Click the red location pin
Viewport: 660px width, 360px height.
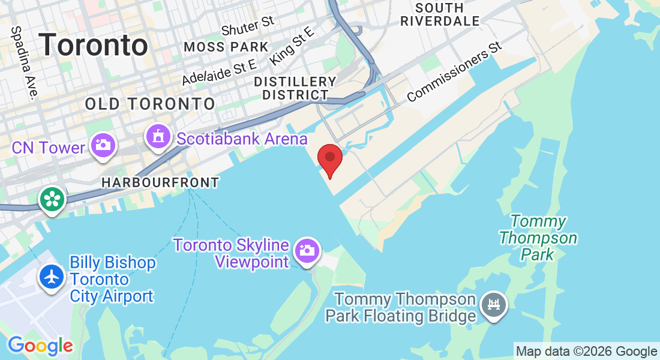[329, 158]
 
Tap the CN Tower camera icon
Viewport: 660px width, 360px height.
[103, 145]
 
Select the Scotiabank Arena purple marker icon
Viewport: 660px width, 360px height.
[158, 137]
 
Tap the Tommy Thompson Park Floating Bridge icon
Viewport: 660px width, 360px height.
[494, 305]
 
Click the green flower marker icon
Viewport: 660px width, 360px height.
[52, 199]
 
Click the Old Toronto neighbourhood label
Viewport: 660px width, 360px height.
[150, 104]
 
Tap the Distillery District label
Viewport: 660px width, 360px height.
[295, 88]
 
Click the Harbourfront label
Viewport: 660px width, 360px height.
[160, 182]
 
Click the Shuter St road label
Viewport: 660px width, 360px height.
[247, 26]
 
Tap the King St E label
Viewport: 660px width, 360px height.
[292, 45]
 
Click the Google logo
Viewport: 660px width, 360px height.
[40, 346]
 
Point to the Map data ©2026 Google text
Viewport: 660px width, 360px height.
[587, 351]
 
